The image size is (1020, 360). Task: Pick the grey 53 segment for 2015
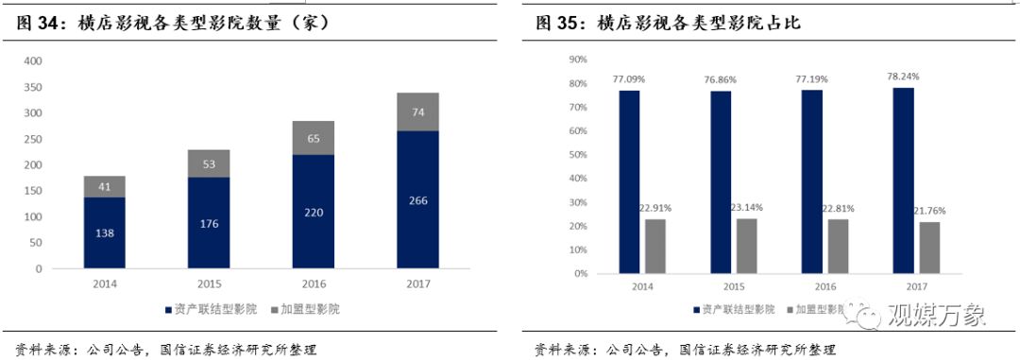point(210,163)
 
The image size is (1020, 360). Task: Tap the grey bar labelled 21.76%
point(929,248)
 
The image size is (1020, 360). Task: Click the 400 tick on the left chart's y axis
point(32,61)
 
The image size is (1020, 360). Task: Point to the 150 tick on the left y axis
point(32,191)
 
